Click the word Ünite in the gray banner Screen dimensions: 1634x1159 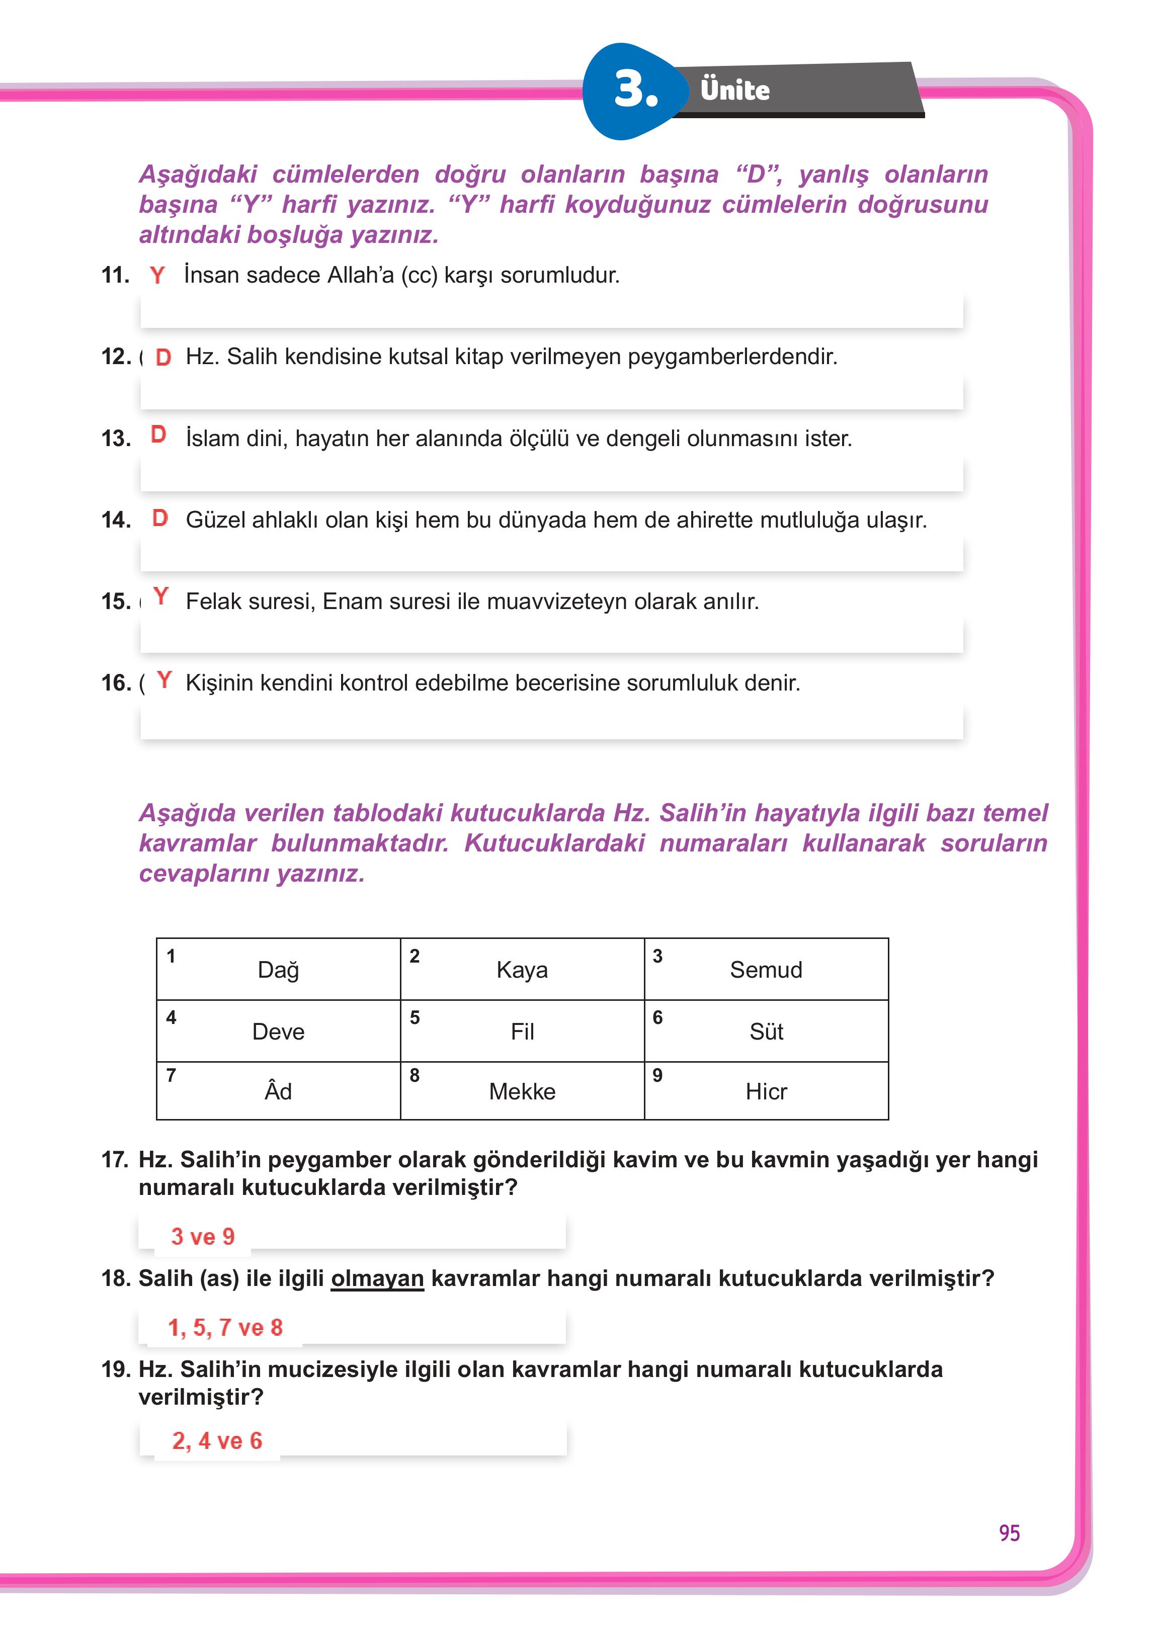[734, 91]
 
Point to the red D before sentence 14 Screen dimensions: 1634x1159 [160, 518]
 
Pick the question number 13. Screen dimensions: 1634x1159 [116, 438]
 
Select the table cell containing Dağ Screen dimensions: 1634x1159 [278, 969]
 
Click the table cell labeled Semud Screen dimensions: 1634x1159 [766, 969]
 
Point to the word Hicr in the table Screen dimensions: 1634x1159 [766, 1091]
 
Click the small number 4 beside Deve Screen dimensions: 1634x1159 [171, 1017]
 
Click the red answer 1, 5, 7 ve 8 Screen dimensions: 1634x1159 [225, 1327]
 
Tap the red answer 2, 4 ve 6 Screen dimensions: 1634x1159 [217, 1441]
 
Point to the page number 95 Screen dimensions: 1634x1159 [1009, 1533]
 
